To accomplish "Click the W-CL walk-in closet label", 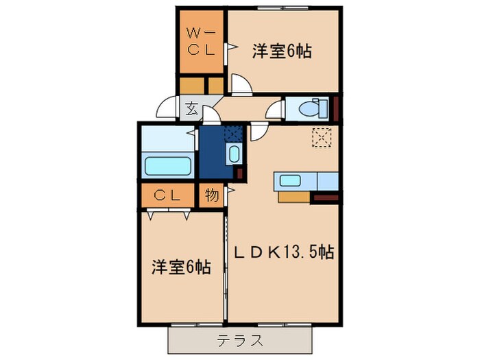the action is pos(201,42).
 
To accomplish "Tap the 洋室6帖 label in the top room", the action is pos(282,51).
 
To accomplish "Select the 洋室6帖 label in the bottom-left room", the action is pos(181,267).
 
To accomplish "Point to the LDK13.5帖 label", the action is pos(284,252).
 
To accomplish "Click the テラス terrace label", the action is pos(240,340).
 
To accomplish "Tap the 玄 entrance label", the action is pos(191,108).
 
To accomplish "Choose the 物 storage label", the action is pos(212,195).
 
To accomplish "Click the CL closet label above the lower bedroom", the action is pos(167,195).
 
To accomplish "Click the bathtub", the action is pos(168,166).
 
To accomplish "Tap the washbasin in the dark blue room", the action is pos(235,154).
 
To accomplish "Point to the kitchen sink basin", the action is pos(289,180).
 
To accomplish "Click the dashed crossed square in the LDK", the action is pos(322,137).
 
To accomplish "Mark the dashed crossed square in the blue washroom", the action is pos(233,134).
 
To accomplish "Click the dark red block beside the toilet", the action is pos(336,108).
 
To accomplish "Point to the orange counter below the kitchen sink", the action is pos(294,197).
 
